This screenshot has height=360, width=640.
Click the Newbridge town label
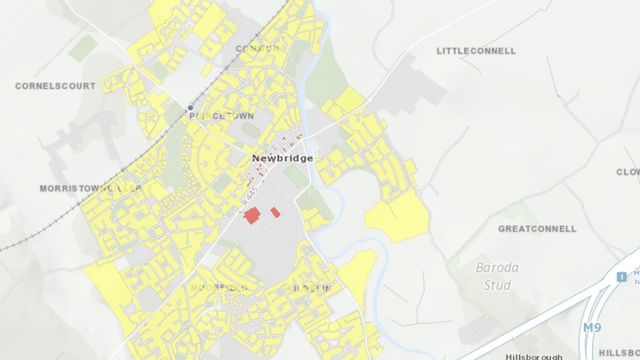click(x=282, y=158)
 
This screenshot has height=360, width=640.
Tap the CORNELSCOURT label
click(x=55, y=86)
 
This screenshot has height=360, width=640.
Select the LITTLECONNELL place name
click(x=476, y=50)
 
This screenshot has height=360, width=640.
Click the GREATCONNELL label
click(x=537, y=229)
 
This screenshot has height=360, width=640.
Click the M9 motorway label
click(x=591, y=328)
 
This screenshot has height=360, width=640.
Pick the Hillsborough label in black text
click(x=534, y=357)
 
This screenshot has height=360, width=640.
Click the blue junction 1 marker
click(x=621, y=277)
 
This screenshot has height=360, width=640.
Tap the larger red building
click(x=253, y=215)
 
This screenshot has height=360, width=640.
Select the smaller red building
click(x=275, y=212)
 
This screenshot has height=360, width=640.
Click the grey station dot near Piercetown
click(x=190, y=107)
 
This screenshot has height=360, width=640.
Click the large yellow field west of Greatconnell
click(x=398, y=216)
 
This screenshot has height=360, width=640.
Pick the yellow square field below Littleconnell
click(x=350, y=101)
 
